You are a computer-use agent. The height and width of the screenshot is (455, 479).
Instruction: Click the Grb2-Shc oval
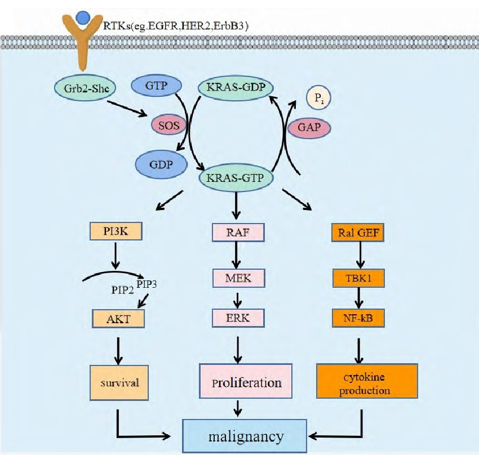click(83, 89)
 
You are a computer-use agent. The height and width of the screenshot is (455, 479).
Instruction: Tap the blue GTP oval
click(156, 86)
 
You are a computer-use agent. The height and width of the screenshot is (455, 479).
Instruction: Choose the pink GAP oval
click(309, 128)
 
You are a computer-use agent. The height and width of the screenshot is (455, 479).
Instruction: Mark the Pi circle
click(318, 100)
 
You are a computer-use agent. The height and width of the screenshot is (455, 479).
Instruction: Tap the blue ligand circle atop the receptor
click(83, 17)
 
